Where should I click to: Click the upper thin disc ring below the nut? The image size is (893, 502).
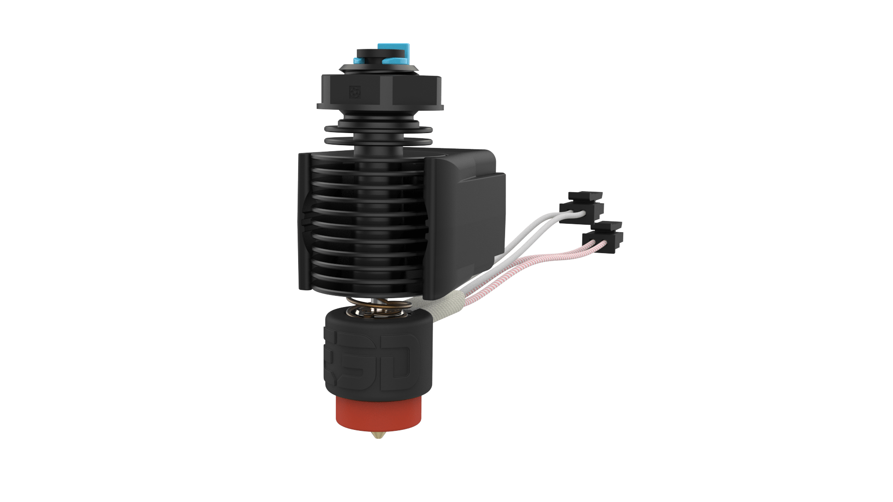pos(378,127)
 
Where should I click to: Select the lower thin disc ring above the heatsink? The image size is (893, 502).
pos(378,141)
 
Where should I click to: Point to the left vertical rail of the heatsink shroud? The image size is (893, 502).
pos(304,223)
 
